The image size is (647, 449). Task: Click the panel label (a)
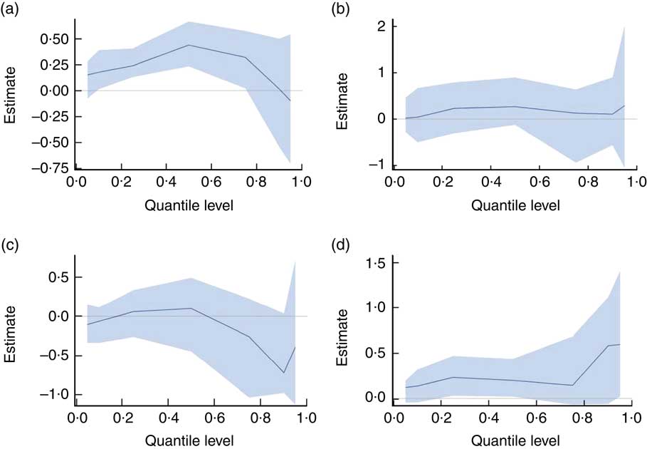click(13, 9)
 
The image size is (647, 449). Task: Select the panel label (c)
click(13, 247)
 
